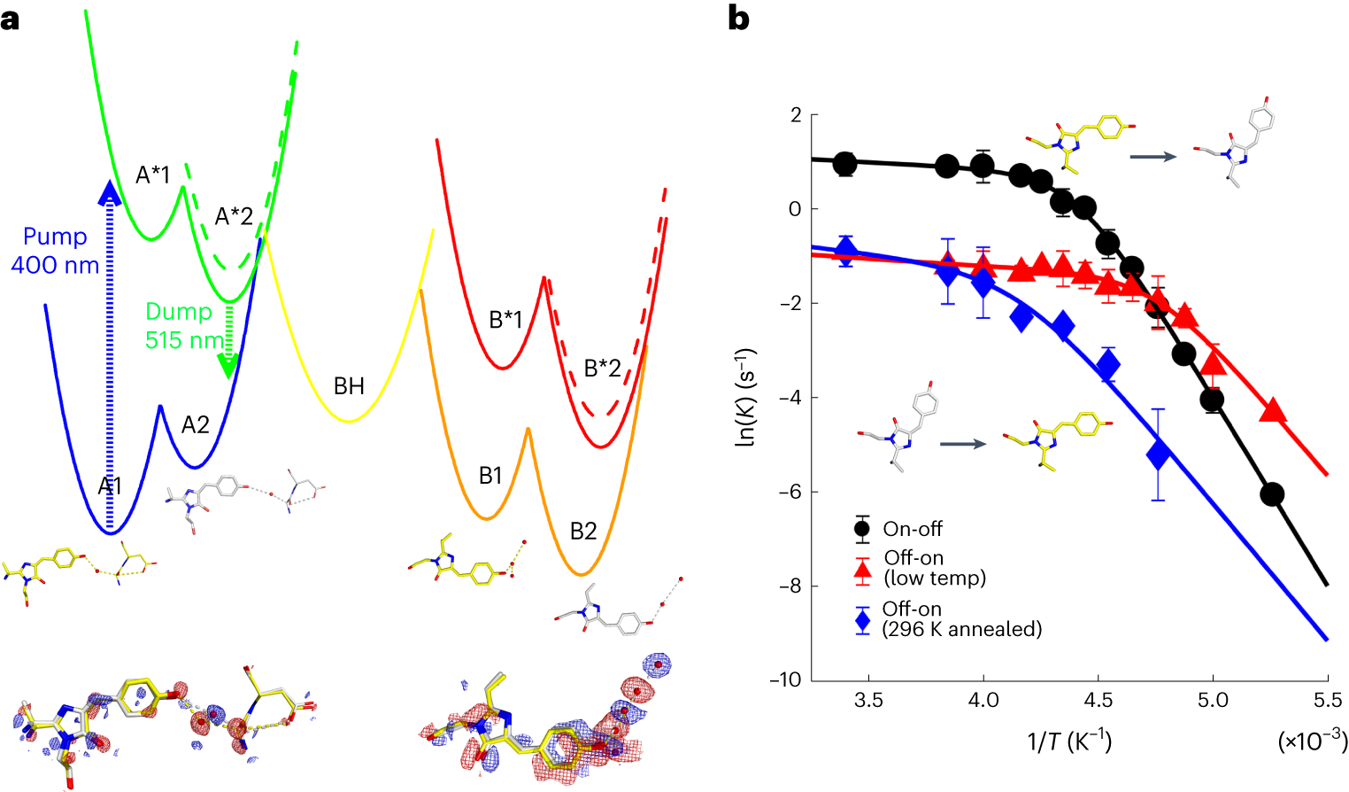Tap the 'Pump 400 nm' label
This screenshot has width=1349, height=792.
pos(55,251)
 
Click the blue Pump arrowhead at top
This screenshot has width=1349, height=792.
pos(109,191)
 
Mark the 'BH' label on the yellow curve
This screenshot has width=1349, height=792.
pos(349,386)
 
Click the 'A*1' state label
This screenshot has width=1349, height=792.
pos(152,175)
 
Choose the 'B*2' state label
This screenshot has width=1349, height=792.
pos(602,369)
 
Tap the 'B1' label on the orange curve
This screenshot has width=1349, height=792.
pos(490,477)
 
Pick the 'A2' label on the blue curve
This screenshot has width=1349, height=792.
pos(195,425)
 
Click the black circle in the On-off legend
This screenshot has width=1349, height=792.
pos(862,530)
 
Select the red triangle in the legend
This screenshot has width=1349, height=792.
pos(862,570)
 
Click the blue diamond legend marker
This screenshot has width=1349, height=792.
pos(862,620)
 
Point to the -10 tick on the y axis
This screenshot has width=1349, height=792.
pos(785,679)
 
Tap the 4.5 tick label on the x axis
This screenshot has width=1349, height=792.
pos(1098,701)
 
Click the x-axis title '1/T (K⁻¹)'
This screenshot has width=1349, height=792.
pos(1069,741)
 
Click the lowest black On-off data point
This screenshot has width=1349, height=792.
pos(1272,494)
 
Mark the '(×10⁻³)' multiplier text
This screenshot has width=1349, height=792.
pos(1312,741)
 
